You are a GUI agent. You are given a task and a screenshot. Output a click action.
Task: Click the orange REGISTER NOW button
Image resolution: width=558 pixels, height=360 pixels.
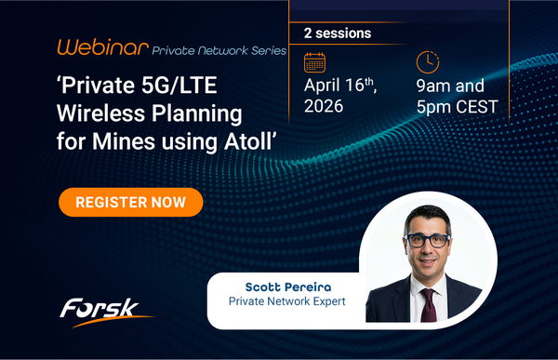[x=130, y=201]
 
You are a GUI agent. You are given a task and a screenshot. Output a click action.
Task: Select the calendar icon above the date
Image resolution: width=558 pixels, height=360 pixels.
[x=316, y=62]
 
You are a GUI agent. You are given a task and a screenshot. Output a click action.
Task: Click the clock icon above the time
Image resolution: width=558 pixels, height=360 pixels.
[x=427, y=62]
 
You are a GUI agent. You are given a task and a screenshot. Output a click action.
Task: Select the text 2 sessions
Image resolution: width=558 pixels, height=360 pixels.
[x=338, y=33]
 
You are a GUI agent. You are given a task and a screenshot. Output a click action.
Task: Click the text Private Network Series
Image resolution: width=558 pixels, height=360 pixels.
[x=219, y=48]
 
